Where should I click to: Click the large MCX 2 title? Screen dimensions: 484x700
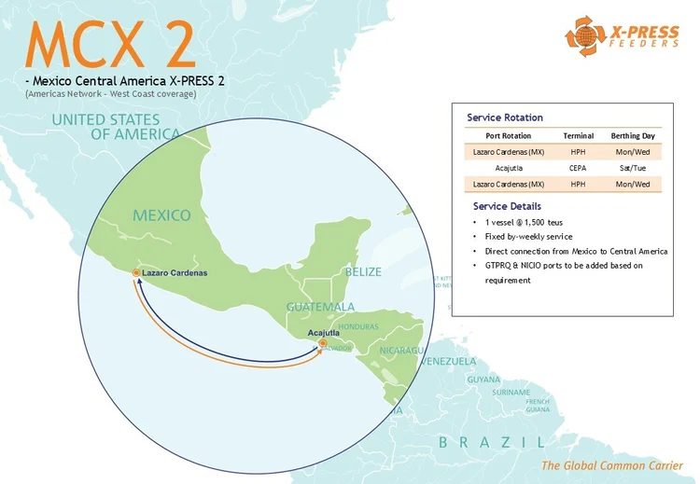[x=111, y=45]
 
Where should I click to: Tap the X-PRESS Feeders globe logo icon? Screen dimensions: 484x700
[x=581, y=36]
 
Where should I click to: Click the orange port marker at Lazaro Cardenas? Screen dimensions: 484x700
[x=136, y=272]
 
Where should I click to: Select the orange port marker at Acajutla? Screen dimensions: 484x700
[x=322, y=343]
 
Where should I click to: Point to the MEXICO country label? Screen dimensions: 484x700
[x=161, y=215]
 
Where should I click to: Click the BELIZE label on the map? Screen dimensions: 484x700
[x=363, y=271]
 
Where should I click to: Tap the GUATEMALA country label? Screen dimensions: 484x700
[x=320, y=307]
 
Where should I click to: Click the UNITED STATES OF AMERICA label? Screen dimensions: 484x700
[x=118, y=127]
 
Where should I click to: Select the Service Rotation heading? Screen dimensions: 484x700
[x=505, y=118]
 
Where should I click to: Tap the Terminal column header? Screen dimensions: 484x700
[x=578, y=136]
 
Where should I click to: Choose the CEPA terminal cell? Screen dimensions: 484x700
[x=578, y=168]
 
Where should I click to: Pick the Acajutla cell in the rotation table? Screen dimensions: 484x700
[x=509, y=168]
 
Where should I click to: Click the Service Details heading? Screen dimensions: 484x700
[x=507, y=206]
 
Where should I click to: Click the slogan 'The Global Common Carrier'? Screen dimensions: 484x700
[x=611, y=465]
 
